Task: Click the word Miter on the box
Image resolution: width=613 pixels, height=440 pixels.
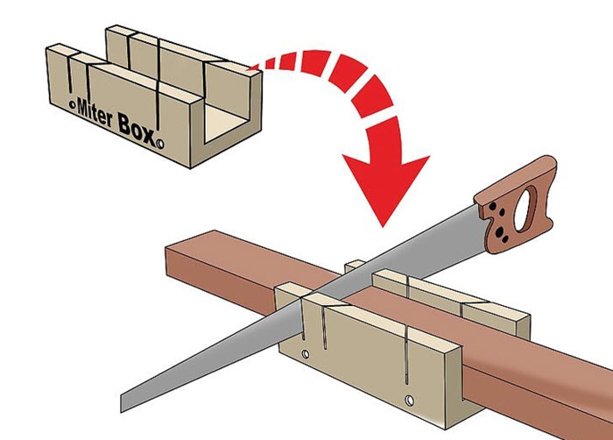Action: [95, 113]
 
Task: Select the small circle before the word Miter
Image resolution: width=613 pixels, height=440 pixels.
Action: [72, 105]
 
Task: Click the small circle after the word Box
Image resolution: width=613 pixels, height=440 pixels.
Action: [160, 144]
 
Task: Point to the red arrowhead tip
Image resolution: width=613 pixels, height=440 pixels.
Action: [384, 226]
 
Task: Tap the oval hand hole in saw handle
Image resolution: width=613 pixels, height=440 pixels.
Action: [523, 209]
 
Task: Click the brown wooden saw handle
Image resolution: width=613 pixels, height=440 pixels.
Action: [515, 204]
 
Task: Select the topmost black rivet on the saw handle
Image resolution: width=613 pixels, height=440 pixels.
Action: [492, 205]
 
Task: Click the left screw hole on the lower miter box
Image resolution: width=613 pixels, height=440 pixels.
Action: [305, 354]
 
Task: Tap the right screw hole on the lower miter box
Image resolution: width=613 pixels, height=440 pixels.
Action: [409, 400]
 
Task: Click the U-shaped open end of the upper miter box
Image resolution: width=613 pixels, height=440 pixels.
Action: [226, 118]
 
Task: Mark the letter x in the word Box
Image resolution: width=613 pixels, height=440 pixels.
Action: [149, 137]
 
